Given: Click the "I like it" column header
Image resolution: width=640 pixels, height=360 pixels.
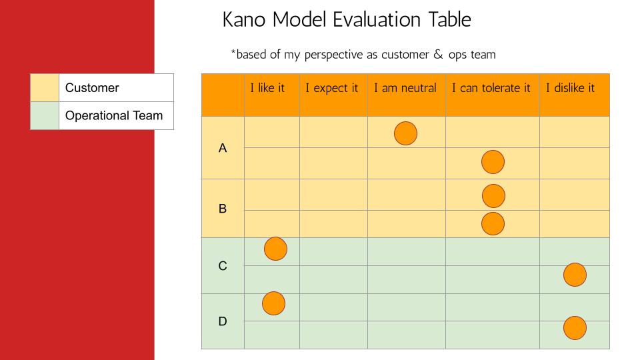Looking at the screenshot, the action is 267,88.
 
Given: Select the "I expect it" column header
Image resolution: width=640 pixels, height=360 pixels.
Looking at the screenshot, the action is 331,88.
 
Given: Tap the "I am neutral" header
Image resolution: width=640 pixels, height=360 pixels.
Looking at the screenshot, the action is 405,88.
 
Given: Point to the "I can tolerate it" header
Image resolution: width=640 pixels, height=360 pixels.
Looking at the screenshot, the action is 491,88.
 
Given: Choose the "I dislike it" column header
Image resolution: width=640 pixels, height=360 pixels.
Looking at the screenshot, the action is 570,88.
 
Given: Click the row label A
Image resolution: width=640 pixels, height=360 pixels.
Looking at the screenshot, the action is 223,148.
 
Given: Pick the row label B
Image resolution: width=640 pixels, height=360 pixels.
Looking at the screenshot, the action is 223,209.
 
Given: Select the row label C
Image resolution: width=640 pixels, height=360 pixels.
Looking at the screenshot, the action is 223,266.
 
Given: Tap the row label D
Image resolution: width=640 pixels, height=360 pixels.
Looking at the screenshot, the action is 223,321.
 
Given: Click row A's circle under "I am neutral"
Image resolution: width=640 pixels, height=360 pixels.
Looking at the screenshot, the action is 406,133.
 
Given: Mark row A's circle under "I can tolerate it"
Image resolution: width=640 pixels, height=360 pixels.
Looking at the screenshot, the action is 493,162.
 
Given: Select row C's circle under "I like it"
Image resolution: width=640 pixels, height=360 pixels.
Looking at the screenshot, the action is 275,249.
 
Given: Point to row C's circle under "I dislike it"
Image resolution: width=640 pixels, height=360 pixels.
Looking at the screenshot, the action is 575,275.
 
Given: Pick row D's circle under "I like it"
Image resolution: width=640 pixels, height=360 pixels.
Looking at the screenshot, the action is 273,303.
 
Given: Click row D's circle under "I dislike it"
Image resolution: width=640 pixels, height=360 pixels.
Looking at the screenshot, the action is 575,328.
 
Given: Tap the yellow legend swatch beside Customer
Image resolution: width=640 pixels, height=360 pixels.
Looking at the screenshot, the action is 45,88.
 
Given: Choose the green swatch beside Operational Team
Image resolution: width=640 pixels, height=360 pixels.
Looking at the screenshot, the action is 45,115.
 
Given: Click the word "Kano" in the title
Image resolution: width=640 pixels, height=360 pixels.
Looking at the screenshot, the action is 244,19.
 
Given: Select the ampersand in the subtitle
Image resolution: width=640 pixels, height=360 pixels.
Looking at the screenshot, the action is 439,54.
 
